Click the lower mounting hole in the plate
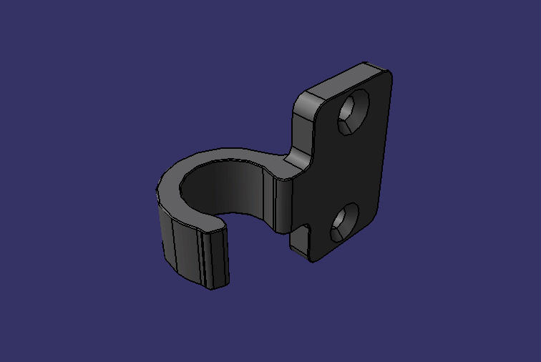[x=343, y=222]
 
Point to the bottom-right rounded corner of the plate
[x=373, y=217]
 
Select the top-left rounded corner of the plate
[x=301, y=100]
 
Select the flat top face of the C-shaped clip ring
[x=215, y=155]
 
